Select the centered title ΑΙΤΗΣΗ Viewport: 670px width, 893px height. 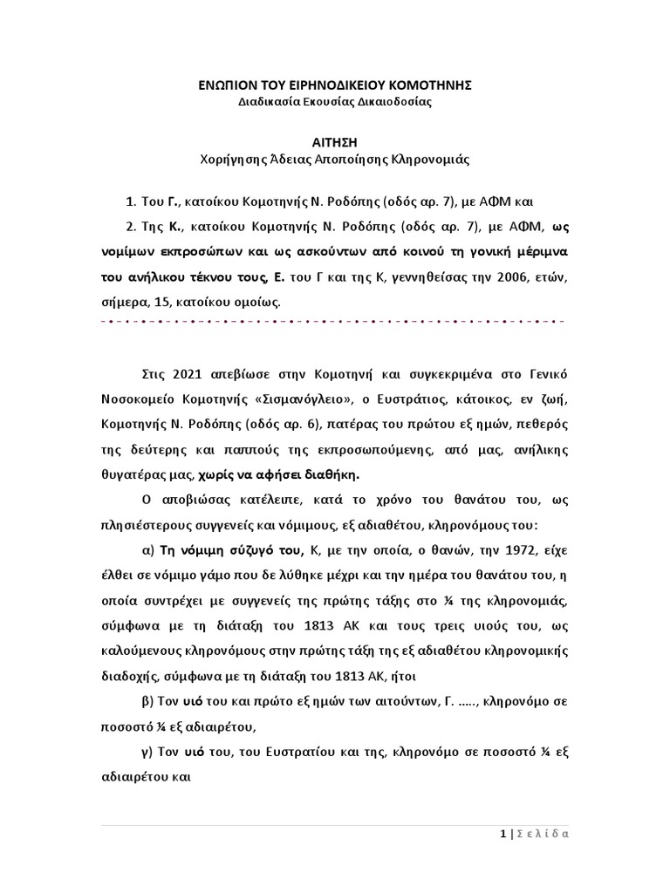334,140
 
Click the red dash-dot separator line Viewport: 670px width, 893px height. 334,322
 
